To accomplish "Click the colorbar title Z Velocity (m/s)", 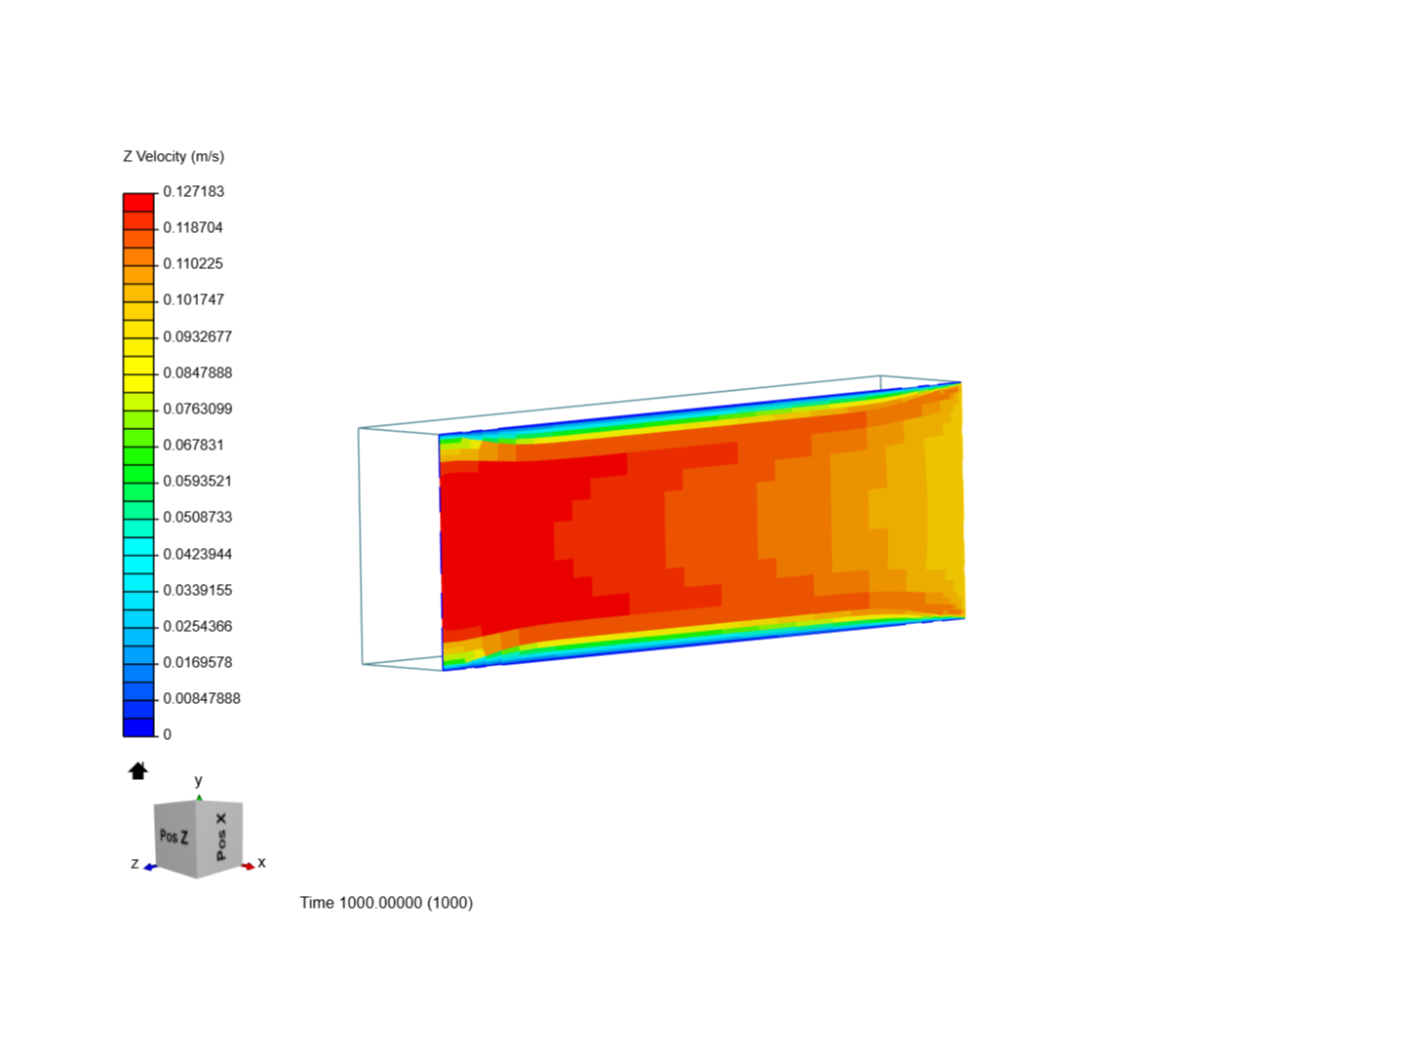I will (174, 156).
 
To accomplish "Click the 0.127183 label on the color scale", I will (193, 191).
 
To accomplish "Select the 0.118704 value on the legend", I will (193, 227).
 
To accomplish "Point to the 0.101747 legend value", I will (193, 299).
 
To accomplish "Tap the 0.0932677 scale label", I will (197, 336).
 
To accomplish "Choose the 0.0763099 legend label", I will (197, 409).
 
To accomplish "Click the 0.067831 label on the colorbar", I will (193, 445).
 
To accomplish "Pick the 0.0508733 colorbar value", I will (197, 517).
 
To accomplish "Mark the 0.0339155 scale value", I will (197, 590).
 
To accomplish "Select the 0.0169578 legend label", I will (197, 662).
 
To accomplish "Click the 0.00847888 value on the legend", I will (201, 698).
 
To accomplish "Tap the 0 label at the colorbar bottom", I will (167, 734).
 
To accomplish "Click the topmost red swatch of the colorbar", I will (138, 202).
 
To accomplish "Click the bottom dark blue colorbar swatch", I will (138, 727).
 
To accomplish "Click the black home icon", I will (138, 771).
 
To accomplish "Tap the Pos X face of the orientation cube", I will (221, 836).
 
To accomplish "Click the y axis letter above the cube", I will (199, 781).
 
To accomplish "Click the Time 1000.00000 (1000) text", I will (386, 903).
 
